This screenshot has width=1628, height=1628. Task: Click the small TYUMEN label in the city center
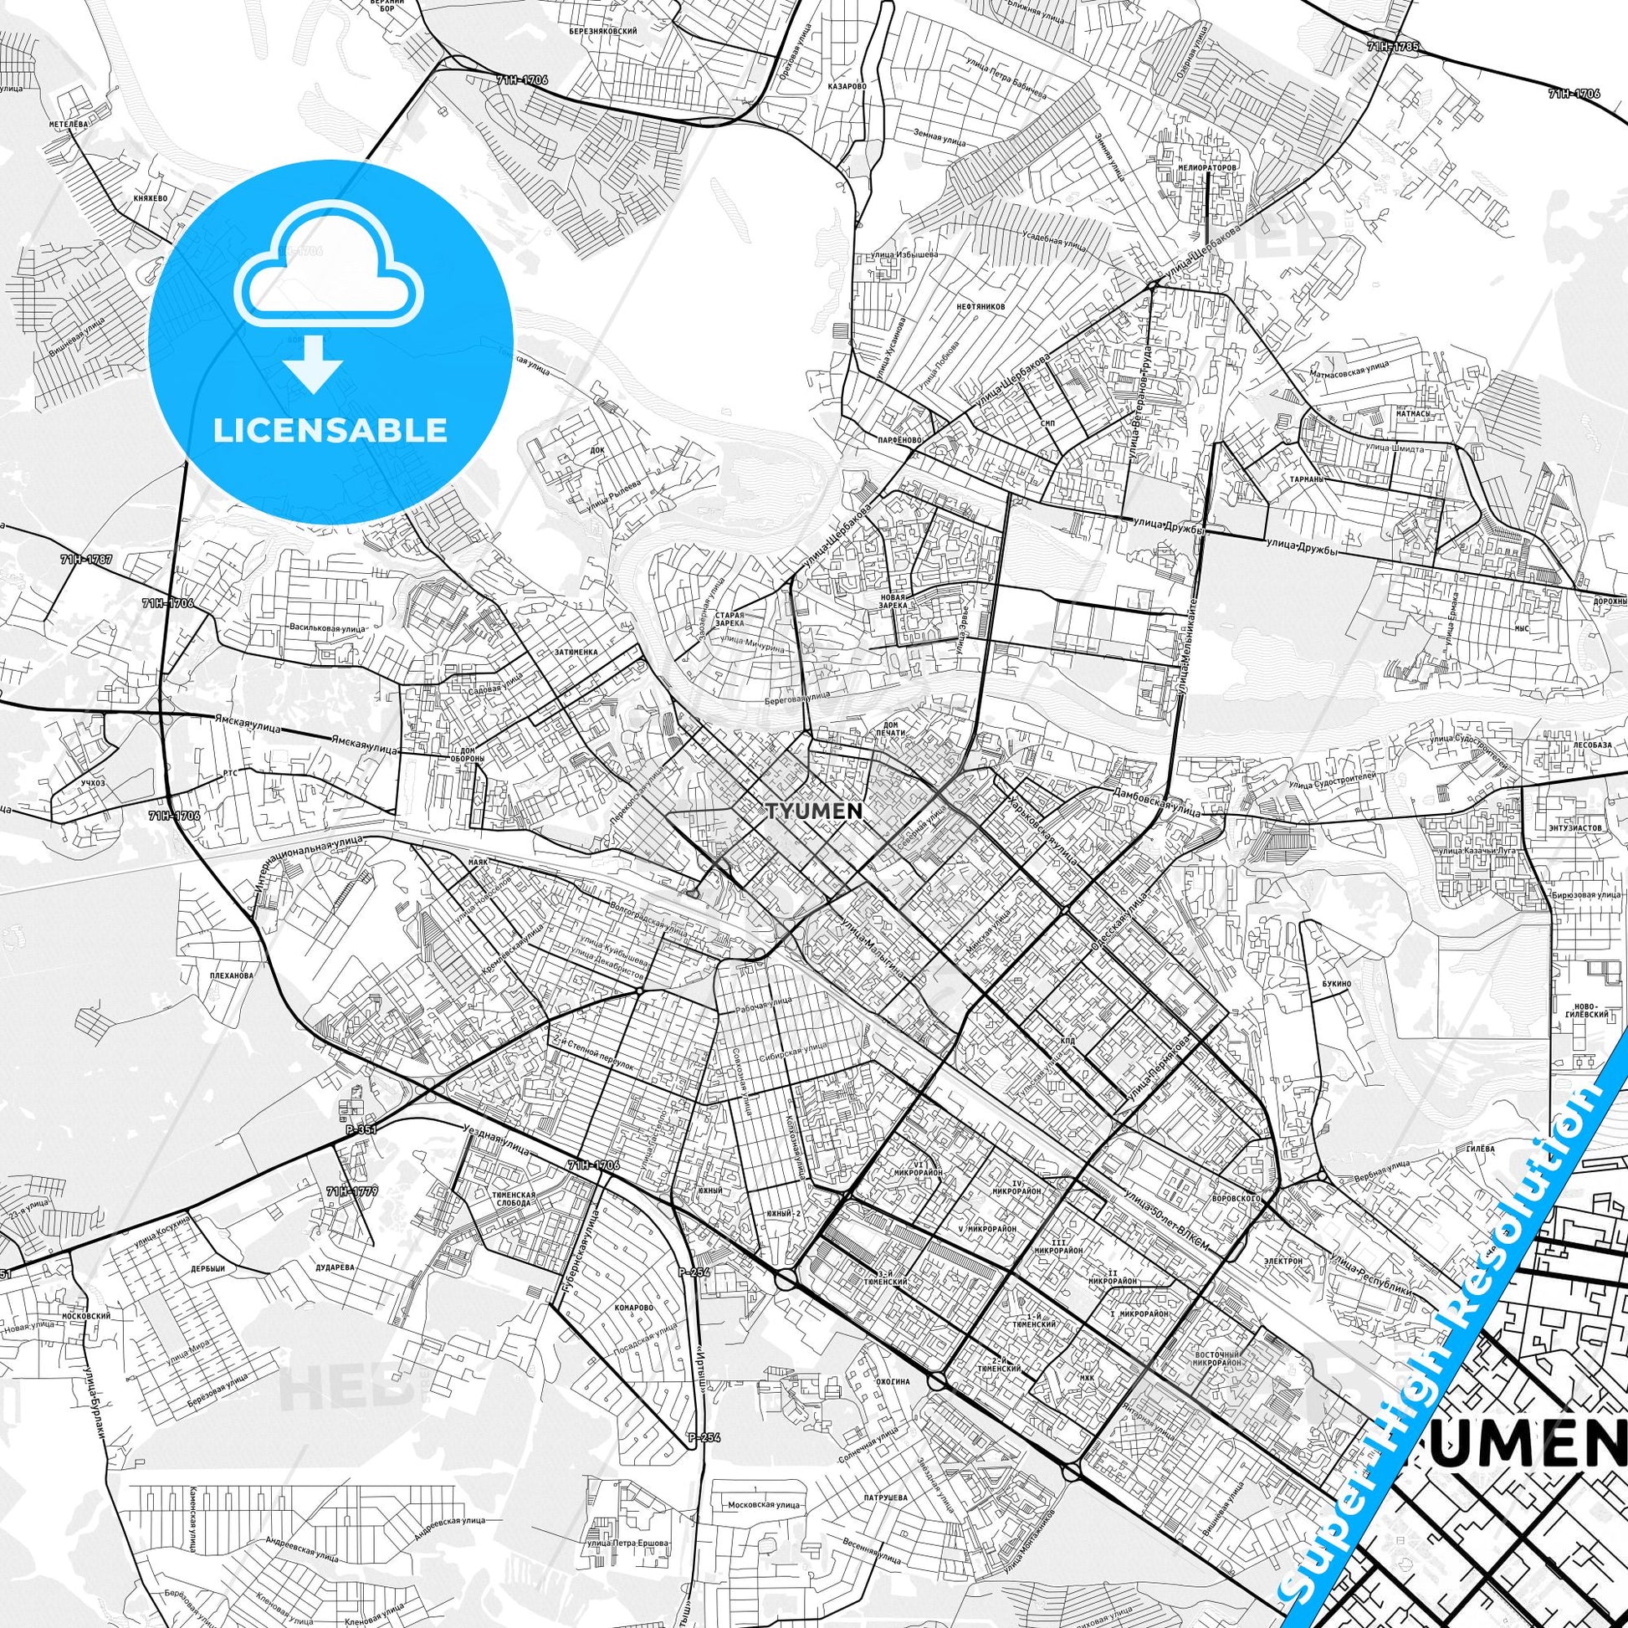coord(815,811)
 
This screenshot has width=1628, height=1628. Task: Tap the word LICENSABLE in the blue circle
coord(330,431)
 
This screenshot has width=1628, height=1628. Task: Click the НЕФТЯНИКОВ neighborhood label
coord(980,308)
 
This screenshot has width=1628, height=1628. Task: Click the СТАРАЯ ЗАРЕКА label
coord(730,620)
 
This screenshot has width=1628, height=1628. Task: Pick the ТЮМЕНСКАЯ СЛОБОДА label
coord(512,1200)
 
